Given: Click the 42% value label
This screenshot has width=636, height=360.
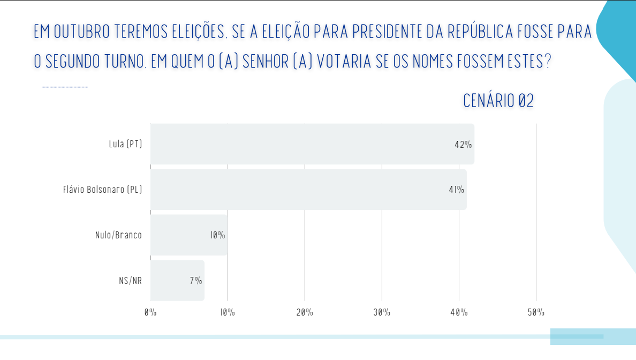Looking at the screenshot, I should (463, 145).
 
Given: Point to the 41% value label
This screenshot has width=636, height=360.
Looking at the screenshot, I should (456, 190).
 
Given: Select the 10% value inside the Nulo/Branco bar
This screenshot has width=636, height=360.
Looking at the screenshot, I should (217, 235).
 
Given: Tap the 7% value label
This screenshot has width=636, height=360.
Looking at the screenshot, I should (195, 281).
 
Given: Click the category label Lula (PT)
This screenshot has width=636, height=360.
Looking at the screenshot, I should (125, 144).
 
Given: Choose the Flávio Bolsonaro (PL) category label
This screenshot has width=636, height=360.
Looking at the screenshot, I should (102, 190).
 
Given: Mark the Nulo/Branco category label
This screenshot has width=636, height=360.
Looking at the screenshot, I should (118, 235).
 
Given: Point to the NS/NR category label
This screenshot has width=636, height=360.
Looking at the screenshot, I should (130, 281).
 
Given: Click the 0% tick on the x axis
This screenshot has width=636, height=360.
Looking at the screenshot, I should (150, 312).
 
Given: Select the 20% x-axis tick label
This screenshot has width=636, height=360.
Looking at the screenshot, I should (305, 312).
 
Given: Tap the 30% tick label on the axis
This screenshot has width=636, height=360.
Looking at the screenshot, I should (382, 312).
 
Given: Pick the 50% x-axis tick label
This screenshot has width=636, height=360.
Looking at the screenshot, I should (536, 312).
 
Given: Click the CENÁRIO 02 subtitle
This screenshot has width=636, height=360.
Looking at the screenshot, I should (498, 101).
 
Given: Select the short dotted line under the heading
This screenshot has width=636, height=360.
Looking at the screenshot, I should (64, 87).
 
